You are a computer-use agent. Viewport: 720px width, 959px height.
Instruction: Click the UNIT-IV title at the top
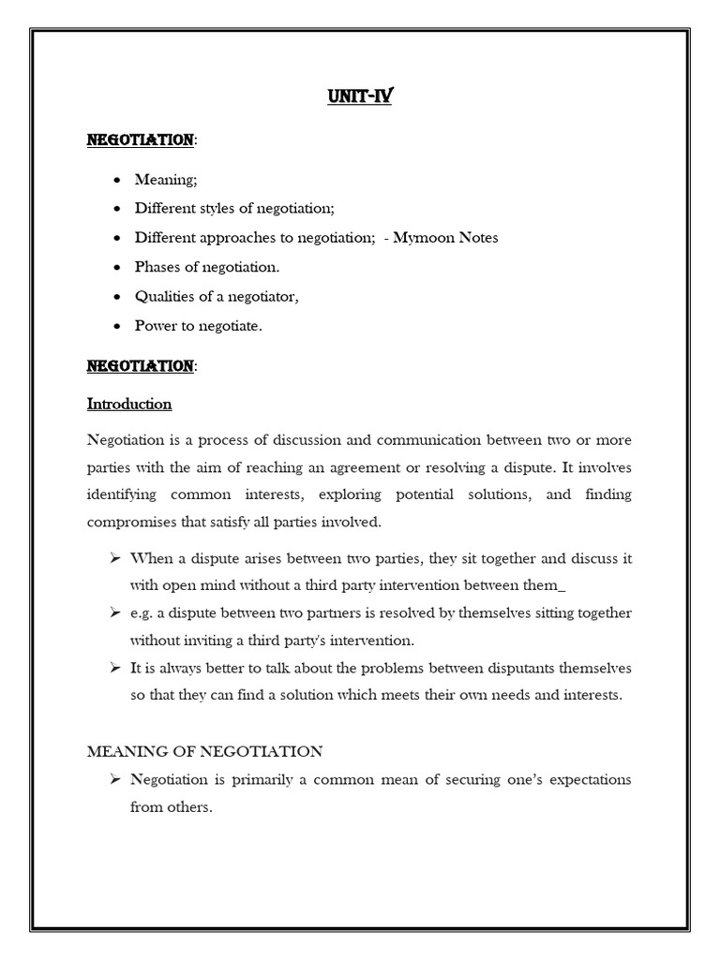coord(359,96)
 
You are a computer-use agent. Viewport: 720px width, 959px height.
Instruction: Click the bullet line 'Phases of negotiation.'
coord(206,267)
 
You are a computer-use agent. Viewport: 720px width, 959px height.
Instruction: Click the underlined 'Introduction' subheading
coord(129,405)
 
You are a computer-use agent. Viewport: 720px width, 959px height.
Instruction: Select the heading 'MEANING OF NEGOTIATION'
coord(204,751)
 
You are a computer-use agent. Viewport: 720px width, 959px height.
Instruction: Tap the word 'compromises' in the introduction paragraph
coord(130,521)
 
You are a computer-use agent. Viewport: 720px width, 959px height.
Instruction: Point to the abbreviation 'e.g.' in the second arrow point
coord(143,613)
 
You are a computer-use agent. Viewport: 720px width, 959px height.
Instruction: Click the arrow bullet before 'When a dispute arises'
coord(114,558)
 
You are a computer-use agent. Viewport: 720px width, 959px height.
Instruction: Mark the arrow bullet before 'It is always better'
coord(114,668)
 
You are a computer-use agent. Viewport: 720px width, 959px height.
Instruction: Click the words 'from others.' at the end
coord(171,807)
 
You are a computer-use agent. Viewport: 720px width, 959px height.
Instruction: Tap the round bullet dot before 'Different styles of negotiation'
coord(115,209)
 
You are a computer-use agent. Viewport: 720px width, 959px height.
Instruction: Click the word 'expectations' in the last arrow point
coord(587,779)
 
